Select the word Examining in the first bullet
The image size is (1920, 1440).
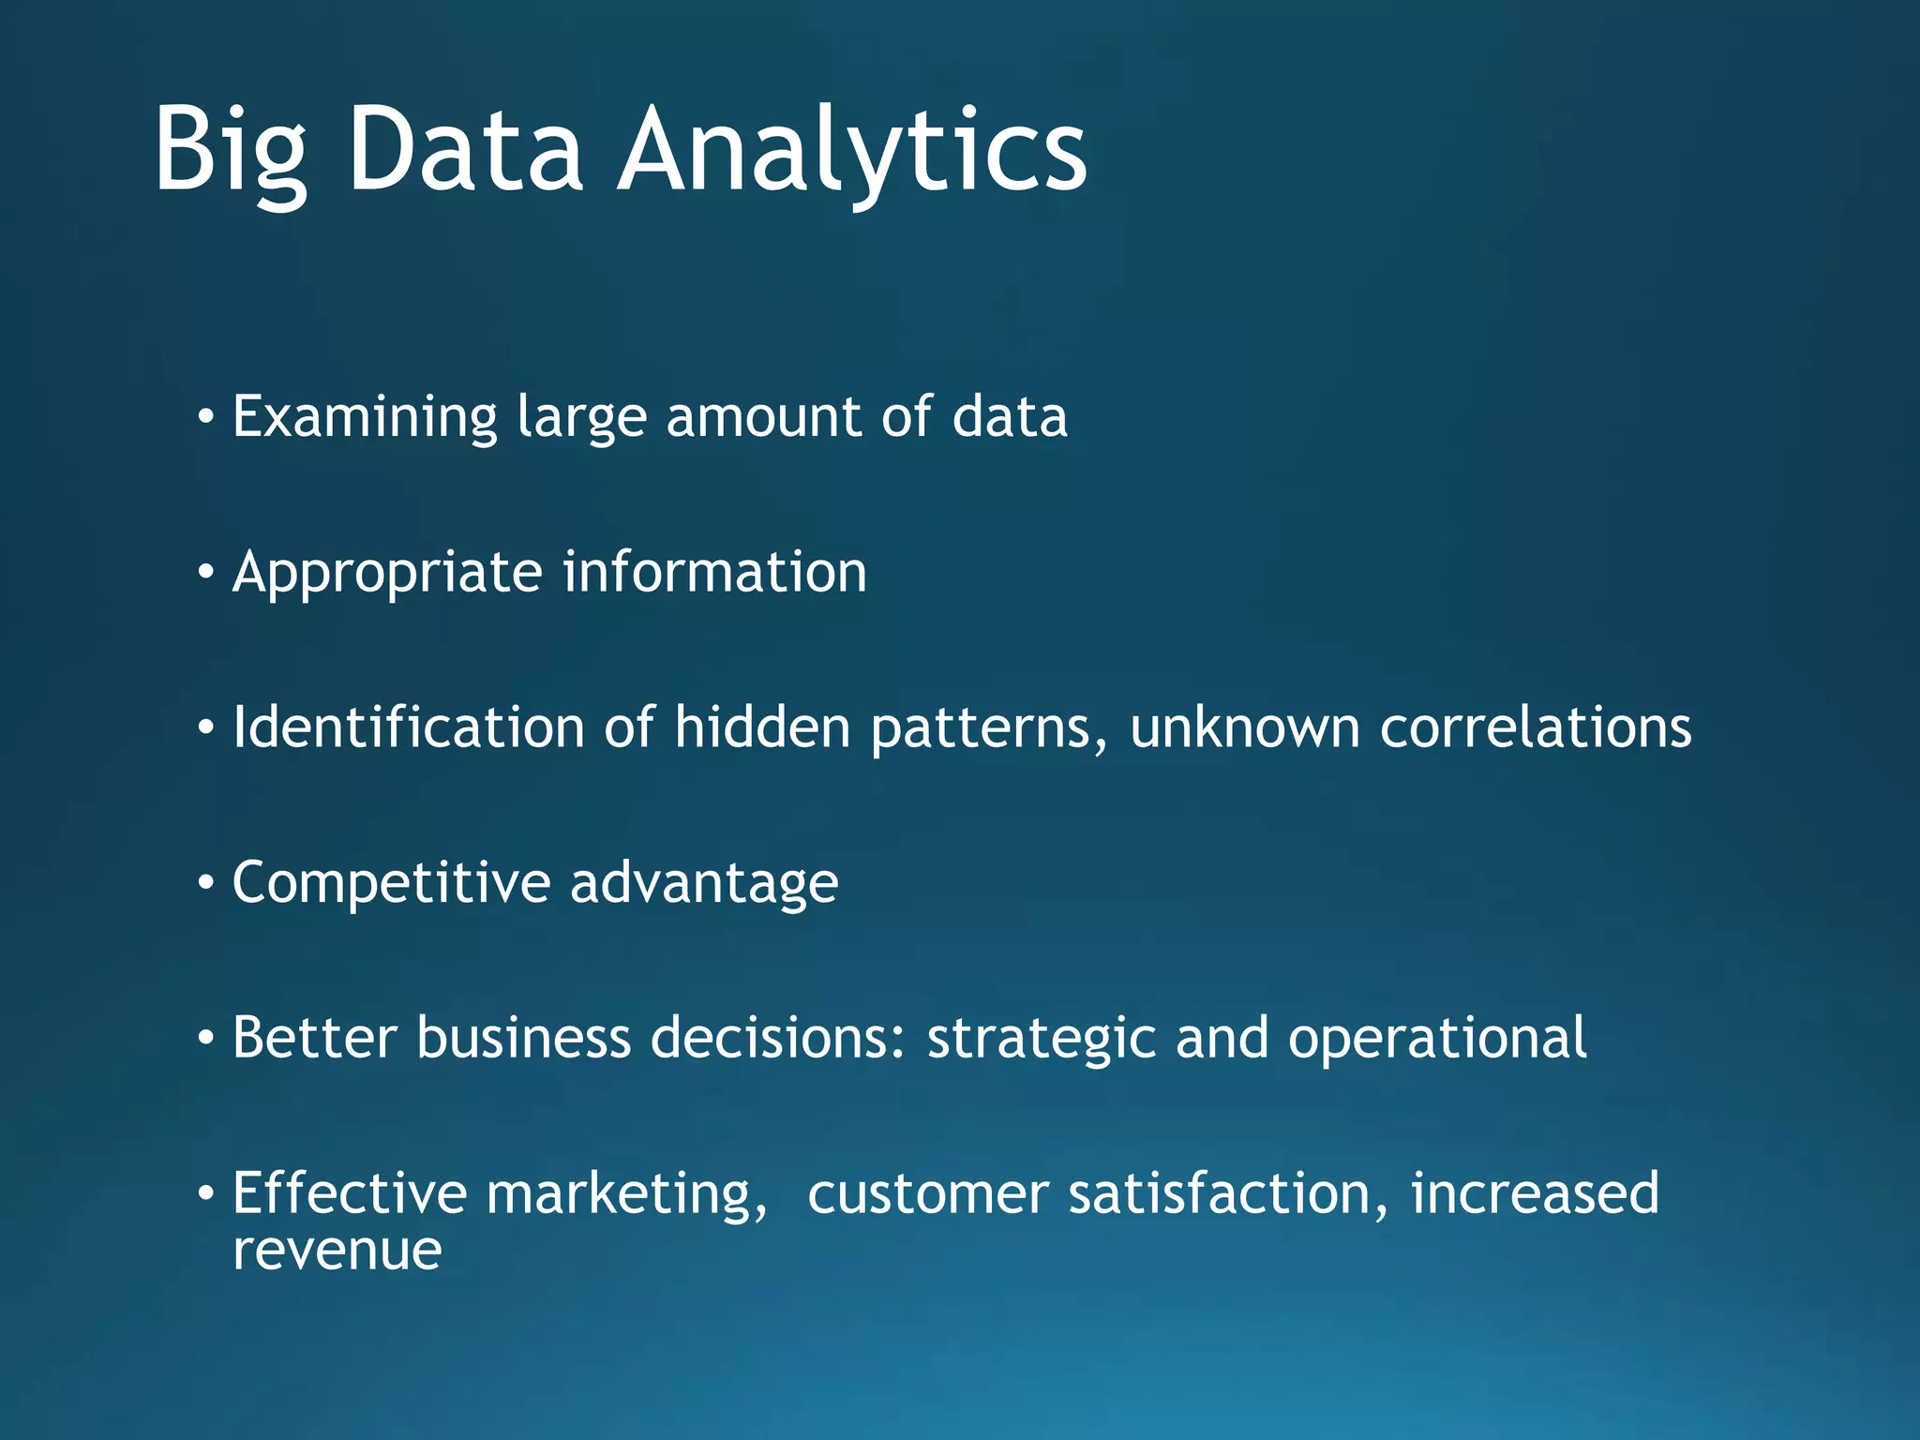click(x=364, y=417)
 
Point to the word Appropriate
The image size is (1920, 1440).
click(x=386, y=573)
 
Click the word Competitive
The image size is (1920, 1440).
click(x=391, y=882)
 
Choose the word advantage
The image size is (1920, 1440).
click(x=704, y=884)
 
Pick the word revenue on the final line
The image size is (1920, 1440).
click(x=337, y=1251)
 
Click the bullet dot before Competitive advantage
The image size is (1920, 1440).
click(x=205, y=882)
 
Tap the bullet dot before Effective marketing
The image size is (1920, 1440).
click(x=205, y=1193)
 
